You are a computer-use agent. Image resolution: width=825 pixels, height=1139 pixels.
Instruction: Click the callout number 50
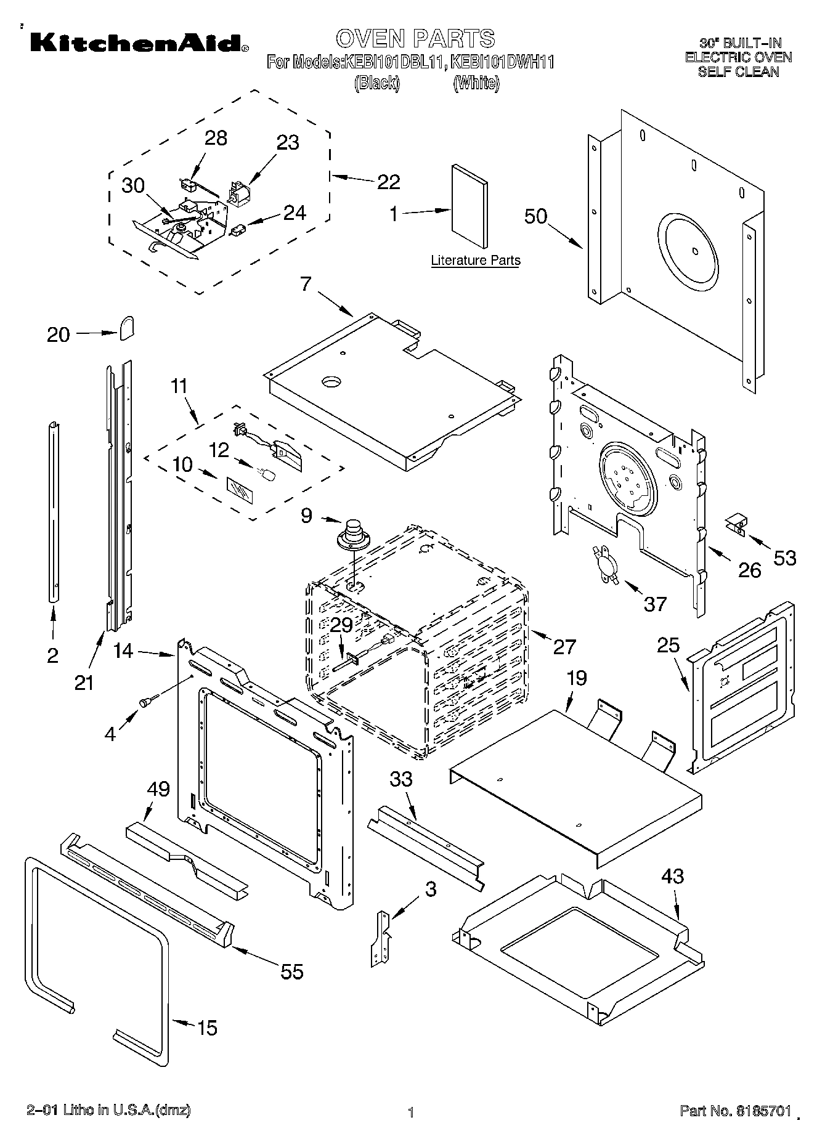point(535,216)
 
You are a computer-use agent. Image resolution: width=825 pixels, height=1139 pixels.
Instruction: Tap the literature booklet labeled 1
point(469,206)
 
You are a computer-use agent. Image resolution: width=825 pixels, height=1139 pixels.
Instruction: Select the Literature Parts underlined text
point(475,261)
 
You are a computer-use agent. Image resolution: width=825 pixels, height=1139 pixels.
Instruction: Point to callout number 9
point(306,516)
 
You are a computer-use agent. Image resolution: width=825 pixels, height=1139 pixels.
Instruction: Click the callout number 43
point(672,876)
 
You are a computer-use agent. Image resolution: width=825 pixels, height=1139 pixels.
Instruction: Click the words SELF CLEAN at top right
point(738,72)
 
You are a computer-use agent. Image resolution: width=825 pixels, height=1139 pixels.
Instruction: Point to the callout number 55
point(292,972)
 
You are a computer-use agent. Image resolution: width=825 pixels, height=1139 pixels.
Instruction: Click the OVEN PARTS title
point(415,38)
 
